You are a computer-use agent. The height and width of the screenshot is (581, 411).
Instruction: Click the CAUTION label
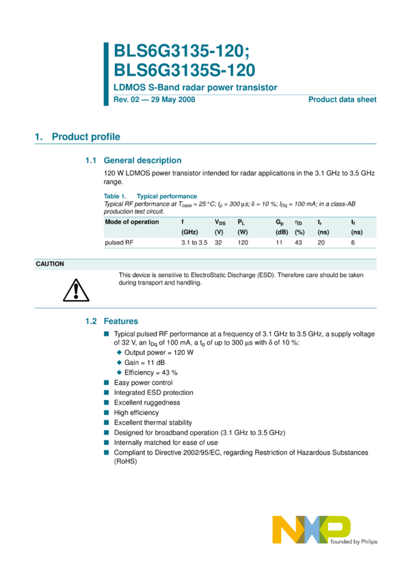[50, 264]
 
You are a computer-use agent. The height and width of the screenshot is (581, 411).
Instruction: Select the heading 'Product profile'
[85, 137]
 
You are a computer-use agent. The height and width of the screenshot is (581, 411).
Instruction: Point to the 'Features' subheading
[121, 321]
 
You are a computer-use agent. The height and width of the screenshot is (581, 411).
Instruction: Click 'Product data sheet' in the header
[342, 100]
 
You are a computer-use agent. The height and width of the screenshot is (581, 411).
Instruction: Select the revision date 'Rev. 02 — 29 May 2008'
[154, 100]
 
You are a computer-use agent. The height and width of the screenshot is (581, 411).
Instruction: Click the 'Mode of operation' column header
[132, 221]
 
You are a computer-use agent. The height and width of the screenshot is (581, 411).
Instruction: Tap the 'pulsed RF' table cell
[118, 243]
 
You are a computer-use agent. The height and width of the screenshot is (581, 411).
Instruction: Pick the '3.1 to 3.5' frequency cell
[194, 243]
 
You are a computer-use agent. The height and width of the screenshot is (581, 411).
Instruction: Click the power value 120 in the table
[243, 243]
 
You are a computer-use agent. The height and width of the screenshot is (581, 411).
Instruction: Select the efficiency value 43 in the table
[299, 243]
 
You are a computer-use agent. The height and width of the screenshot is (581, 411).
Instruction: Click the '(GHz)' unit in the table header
[189, 232]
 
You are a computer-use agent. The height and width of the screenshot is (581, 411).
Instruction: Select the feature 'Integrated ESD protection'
[153, 393]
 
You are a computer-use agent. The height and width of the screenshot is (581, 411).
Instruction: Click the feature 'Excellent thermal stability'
[153, 423]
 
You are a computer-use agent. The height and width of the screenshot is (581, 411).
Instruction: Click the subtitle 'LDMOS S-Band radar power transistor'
[195, 87]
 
